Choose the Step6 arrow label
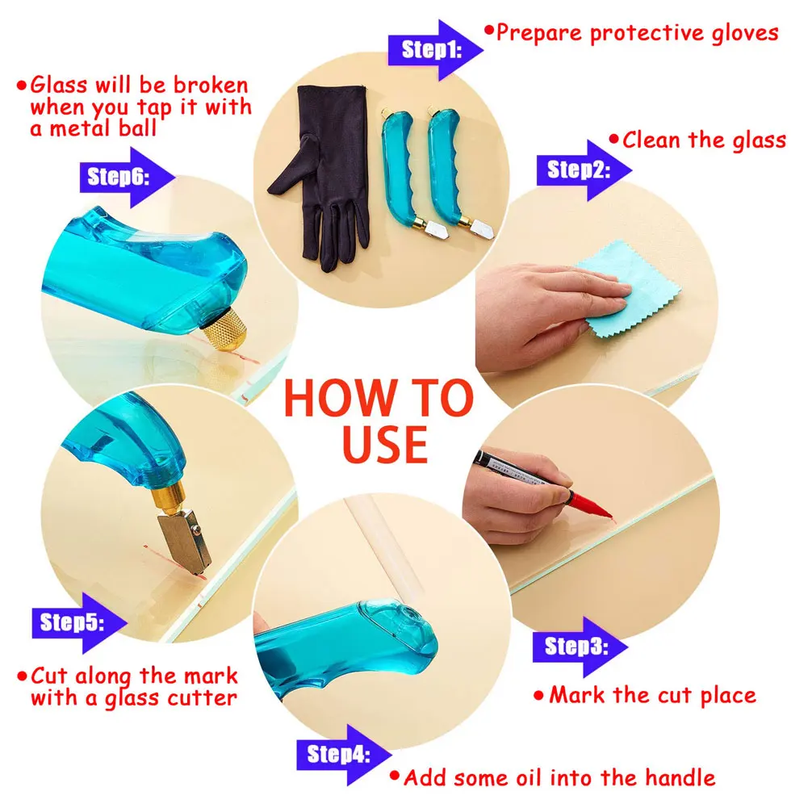tap(119, 177)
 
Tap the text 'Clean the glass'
tap(703, 140)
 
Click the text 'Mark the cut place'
tap(652, 695)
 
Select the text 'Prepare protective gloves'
tap(636, 32)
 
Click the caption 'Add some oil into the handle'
tap(559, 778)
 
